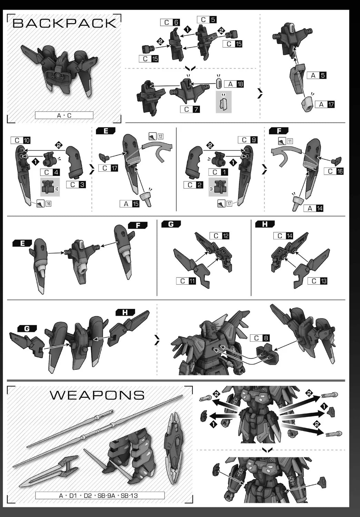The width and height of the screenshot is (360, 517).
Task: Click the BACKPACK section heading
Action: tap(64, 23)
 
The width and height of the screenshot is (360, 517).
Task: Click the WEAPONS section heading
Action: tap(97, 395)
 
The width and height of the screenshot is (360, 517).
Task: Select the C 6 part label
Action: tap(170, 22)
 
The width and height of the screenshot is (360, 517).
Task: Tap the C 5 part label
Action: tap(207, 20)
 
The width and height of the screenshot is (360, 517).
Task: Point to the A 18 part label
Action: tap(234, 84)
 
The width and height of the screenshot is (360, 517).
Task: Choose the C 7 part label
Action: tap(190, 109)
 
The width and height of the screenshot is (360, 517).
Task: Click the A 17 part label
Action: tap(325, 104)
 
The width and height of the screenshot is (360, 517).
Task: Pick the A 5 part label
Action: tap(317, 75)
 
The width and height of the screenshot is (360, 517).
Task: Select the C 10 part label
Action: tap(21, 140)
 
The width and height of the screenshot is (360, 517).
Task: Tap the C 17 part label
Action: tap(108, 168)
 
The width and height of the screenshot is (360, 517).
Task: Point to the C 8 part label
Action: tap(260, 338)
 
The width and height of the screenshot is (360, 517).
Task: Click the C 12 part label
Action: tap(219, 236)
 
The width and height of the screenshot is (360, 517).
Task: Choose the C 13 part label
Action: tap(317, 281)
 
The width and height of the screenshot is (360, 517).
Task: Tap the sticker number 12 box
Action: tap(160, 136)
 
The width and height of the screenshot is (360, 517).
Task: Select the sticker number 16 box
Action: tap(48, 204)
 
